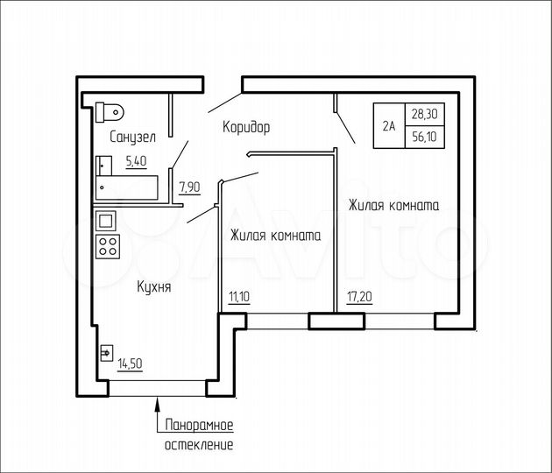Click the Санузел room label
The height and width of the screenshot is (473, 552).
pyautogui.click(x=133, y=138)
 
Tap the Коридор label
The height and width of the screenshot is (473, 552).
pyautogui.click(x=246, y=127)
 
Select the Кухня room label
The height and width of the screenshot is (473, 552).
pyautogui.click(x=153, y=286)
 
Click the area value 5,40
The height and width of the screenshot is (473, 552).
pyautogui.click(x=137, y=160)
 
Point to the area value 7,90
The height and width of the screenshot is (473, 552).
pyautogui.click(x=190, y=186)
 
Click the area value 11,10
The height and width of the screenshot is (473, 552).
pyautogui.click(x=238, y=297)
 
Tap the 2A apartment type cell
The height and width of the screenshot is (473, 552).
pyautogui.click(x=388, y=125)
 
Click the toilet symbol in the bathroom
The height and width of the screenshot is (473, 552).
pyautogui.click(x=110, y=110)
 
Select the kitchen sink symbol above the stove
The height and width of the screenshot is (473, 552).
pyautogui.click(x=106, y=221)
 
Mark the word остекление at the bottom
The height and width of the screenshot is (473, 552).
pyautogui.click(x=199, y=445)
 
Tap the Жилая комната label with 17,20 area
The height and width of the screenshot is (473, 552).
pyautogui.click(x=393, y=206)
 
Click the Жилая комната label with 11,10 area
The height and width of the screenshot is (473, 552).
pyautogui.click(x=275, y=236)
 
